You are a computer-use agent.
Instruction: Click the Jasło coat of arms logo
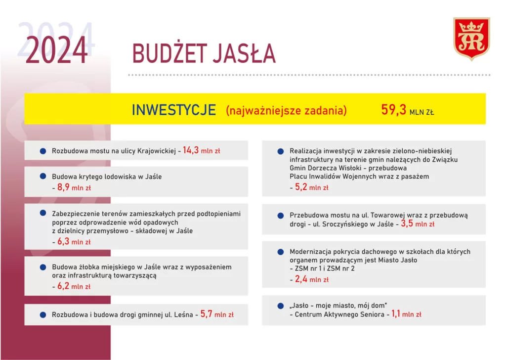471,39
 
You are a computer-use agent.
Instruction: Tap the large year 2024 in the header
56,50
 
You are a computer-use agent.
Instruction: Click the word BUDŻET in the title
169,53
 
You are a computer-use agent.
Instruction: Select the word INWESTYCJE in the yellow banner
174,110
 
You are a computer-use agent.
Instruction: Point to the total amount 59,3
393,110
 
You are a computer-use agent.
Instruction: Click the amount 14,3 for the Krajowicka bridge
191,150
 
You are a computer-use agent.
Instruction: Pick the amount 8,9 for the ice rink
63,187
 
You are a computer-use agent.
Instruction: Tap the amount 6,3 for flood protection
63,241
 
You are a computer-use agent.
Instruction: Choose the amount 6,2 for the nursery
63,286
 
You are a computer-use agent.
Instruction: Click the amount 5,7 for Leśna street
206,314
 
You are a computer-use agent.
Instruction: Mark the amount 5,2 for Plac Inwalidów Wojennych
301,187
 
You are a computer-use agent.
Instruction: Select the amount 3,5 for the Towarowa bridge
407,224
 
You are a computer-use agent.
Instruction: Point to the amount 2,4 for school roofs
301,279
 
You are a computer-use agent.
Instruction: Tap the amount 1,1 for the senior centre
396,314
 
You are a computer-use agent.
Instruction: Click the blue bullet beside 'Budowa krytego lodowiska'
43,176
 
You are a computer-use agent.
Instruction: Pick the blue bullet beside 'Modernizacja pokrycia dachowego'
281,252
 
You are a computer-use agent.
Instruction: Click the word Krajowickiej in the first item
157,151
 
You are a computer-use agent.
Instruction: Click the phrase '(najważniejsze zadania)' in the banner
286,110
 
